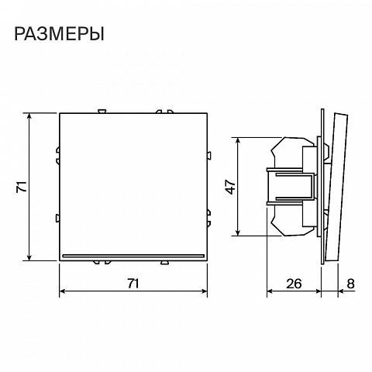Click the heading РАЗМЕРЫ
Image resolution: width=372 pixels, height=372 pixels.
[x=59, y=34]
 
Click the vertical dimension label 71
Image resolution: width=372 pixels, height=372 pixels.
[x=22, y=187]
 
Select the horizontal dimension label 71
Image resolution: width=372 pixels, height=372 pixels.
[x=133, y=284]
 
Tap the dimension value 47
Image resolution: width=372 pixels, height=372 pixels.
[x=231, y=187]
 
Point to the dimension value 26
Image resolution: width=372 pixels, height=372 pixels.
[x=294, y=284]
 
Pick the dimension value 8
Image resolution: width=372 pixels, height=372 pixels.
[x=350, y=284]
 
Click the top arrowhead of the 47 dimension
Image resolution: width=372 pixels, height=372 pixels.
[x=238, y=141]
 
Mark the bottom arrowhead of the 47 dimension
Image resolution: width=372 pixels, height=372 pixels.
[x=238, y=232]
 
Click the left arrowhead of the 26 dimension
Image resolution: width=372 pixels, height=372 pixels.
[x=270, y=291]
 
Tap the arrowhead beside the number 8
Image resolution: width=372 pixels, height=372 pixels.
[x=342, y=291]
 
